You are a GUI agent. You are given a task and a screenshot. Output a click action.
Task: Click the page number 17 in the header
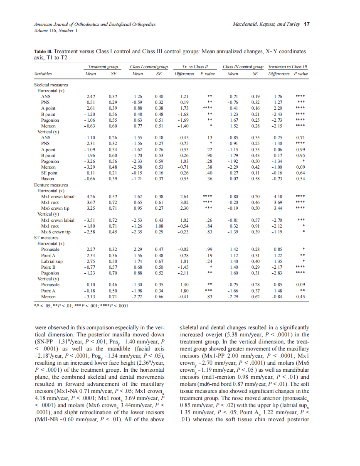click(307, 24)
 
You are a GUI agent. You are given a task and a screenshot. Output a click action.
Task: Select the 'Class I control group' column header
click(148, 66)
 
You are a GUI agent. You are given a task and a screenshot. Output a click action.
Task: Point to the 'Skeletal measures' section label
click(51, 85)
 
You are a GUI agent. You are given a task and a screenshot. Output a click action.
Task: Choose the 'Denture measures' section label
click(51, 185)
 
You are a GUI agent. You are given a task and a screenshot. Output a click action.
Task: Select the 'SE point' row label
click(49, 173)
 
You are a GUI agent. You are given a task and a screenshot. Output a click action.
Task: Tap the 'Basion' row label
click(47, 179)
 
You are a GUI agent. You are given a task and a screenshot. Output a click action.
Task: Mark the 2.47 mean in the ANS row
click(90, 96)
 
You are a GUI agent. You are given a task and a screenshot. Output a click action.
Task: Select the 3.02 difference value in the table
click(184, 202)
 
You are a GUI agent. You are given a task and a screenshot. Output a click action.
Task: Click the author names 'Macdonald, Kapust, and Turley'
click(266, 24)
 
